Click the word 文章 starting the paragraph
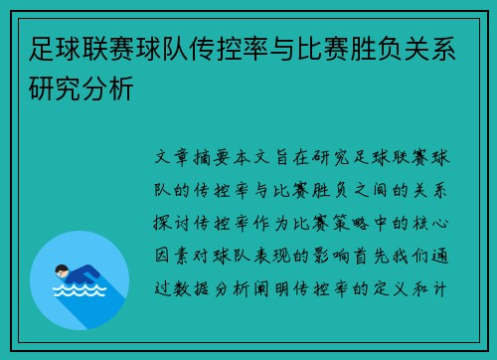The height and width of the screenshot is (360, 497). pyautogui.click(x=176, y=158)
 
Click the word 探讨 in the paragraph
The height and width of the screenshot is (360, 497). pyautogui.click(x=176, y=222)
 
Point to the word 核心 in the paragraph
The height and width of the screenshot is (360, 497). pyautogui.click(x=429, y=222)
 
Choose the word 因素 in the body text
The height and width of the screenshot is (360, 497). pyautogui.click(x=176, y=254)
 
